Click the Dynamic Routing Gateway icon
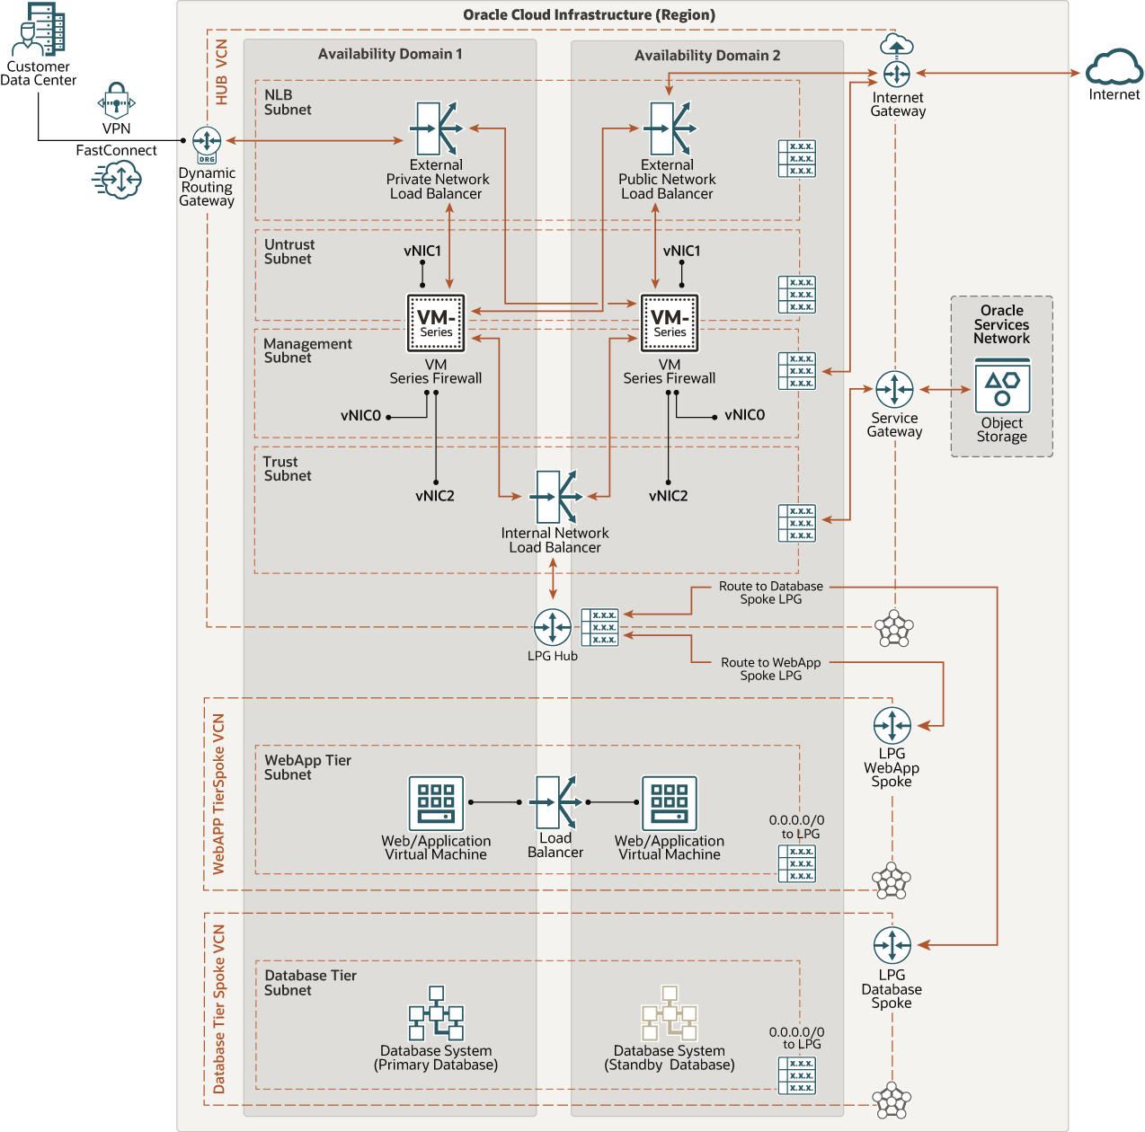click(207, 142)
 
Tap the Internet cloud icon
click(1114, 68)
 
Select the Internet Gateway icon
click(896, 73)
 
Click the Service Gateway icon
click(894, 390)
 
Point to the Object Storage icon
click(1002, 386)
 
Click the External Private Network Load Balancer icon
click(436, 128)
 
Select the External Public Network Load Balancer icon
click(670, 128)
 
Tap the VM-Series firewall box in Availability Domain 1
click(436, 323)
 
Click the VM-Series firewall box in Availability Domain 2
click(670, 323)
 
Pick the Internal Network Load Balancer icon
click(555, 497)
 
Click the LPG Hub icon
click(552, 627)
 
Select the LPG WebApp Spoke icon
click(892, 726)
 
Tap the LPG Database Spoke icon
click(892, 945)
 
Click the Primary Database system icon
click(436, 1013)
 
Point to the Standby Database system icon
click(670, 1013)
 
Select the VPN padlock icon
click(116, 102)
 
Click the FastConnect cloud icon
click(117, 180)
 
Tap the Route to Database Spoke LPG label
click(770, 593)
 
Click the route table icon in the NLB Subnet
click(796, 158)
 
